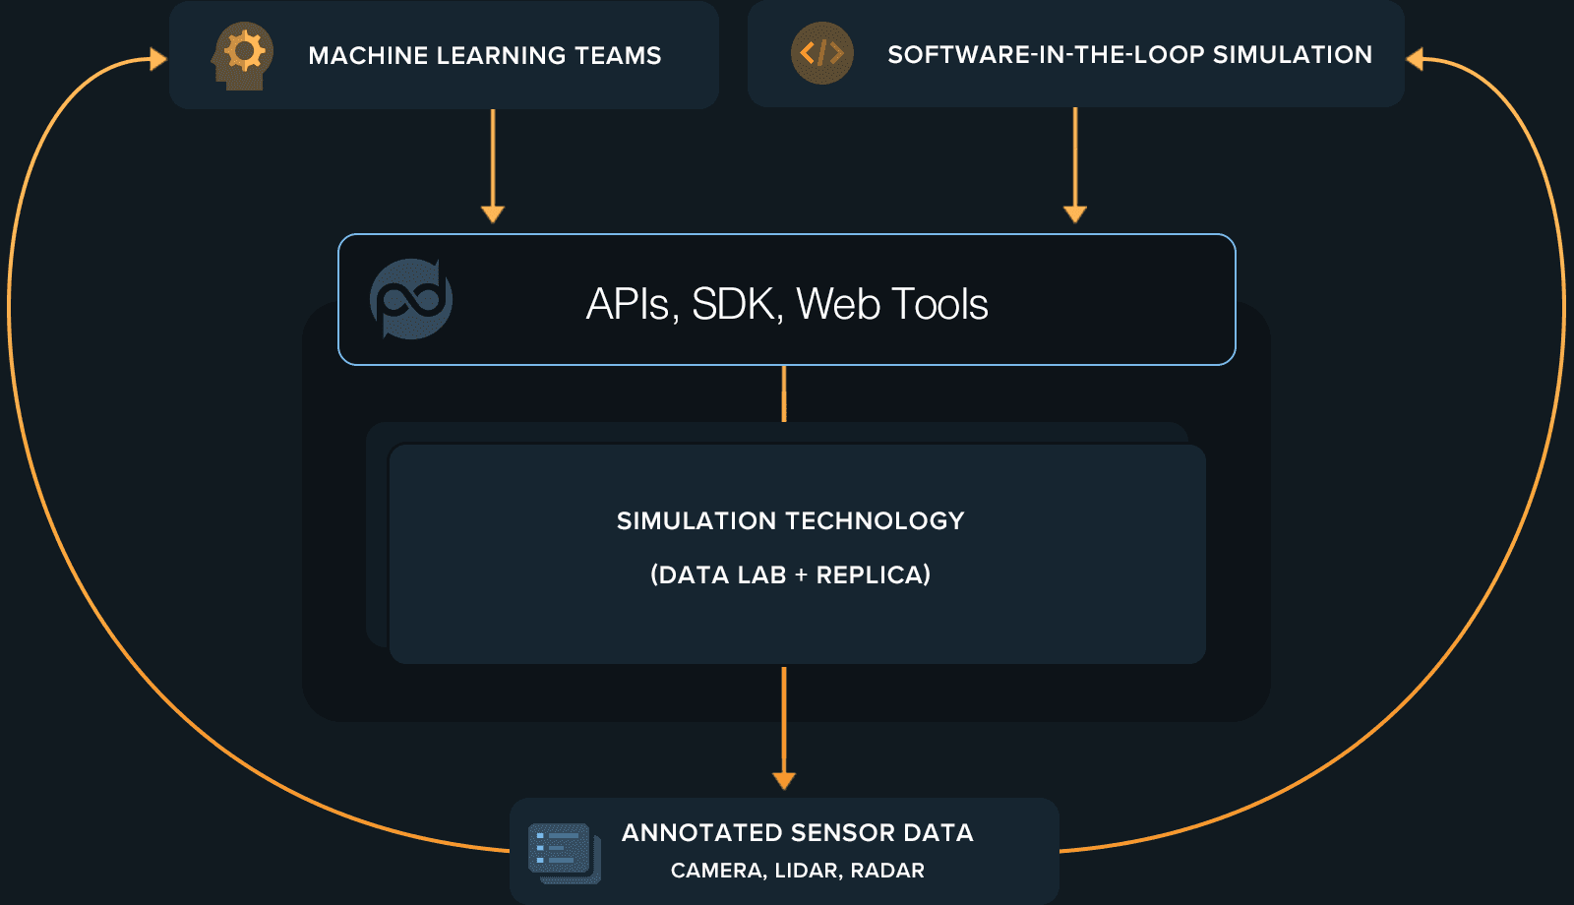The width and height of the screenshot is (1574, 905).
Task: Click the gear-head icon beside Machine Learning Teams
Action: pos(241,55)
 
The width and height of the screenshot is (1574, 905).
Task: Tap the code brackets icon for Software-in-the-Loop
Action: pos(821,53)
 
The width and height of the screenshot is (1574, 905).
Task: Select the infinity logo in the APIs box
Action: pos(411,299)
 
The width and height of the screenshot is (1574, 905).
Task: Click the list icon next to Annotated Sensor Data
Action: pos(564,851)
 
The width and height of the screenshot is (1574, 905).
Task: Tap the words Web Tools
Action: pos(891,304)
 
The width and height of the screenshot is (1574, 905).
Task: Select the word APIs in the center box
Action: pos(627,304)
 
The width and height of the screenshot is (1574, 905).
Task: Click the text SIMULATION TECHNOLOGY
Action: pos(790,521)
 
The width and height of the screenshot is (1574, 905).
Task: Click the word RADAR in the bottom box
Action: pos(887,871)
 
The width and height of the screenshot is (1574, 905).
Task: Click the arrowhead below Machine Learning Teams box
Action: pos(493,213)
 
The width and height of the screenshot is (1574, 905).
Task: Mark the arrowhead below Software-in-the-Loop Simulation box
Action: pos(1075,213)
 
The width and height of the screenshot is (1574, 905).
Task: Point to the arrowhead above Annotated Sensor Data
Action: pos(784,780)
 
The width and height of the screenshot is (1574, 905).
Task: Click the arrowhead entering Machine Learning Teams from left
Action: pos(158,60)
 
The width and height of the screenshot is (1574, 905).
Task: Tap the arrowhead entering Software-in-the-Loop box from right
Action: pos(1416,60)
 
